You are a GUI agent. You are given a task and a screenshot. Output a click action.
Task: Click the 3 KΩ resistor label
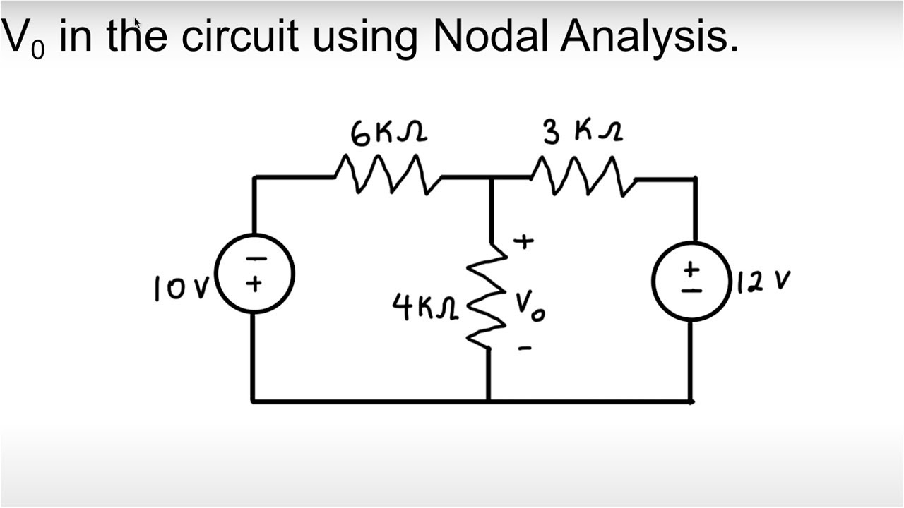582,132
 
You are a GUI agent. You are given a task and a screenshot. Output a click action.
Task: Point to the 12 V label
763,282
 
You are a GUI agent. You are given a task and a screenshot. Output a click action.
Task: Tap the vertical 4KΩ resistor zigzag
487,296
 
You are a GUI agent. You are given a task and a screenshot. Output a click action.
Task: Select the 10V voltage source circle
254,274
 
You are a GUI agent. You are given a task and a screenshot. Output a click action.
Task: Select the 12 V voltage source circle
692,281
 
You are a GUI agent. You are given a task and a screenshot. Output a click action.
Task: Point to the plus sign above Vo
523,242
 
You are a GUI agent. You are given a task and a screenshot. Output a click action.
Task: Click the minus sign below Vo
523,348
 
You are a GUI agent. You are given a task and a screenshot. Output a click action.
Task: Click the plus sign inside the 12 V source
692,269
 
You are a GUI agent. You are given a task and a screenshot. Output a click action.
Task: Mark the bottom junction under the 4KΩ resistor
488,401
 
